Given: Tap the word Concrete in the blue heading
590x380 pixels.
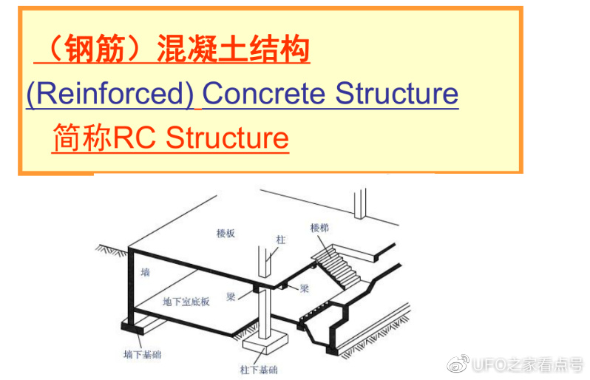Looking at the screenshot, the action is pyautogui.click(x=264, y=93).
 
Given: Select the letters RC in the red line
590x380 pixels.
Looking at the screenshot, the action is pyautogui.click(x=134, y=138).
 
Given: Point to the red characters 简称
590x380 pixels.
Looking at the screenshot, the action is pyautogui.click(x=82, y=138).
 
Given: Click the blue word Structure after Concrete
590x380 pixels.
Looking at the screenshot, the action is pyautogui.click(x=396, y=93).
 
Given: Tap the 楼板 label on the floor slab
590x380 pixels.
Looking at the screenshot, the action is pyautogui.click(x=226, y=234).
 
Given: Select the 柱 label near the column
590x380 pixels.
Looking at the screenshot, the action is pyautogui.click(x=281, y=240).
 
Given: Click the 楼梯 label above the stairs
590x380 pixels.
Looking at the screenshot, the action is pyautogui.click(x=319, y=228).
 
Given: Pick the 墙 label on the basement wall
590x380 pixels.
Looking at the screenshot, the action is pyautogui.click(x=145, y=272).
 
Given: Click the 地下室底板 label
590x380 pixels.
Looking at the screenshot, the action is pyautogui.click(x=186, y=302).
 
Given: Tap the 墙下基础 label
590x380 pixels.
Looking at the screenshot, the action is pyautogui.click(x=142, y=354).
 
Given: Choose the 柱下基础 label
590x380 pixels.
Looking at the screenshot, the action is pyautogui.click(x=259, y=370).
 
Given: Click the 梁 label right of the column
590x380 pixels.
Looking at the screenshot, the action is pyautogui.click(x=304, y=288).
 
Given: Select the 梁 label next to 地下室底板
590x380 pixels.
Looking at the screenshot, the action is pyautogui.click(x=231, y=296).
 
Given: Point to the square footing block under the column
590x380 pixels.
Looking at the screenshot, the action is pyautogui.click(x=265, y=343).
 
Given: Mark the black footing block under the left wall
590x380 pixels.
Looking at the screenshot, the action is pyautogui.click(x=132, y=327).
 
